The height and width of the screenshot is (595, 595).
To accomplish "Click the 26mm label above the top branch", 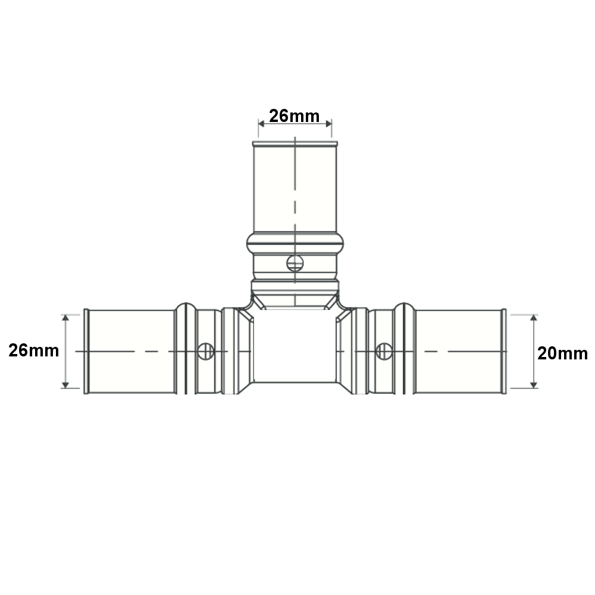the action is click(294, 116).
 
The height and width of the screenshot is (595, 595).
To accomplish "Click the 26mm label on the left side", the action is click(34, 350).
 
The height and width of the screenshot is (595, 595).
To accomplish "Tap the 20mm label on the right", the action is click(562, 353).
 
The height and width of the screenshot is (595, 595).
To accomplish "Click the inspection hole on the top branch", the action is click(295, 264).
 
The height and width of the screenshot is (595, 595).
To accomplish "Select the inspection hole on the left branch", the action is click(206, 352).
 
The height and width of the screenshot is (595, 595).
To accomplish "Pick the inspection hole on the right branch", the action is click(384, 352).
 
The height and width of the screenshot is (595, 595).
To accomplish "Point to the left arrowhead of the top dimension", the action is click(261, 124).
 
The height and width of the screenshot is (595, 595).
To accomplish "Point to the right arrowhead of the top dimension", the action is click(328, 124).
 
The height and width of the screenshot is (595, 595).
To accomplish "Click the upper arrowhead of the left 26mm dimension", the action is click(65, 318).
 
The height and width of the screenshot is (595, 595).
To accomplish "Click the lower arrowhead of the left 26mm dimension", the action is click(65, 385).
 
